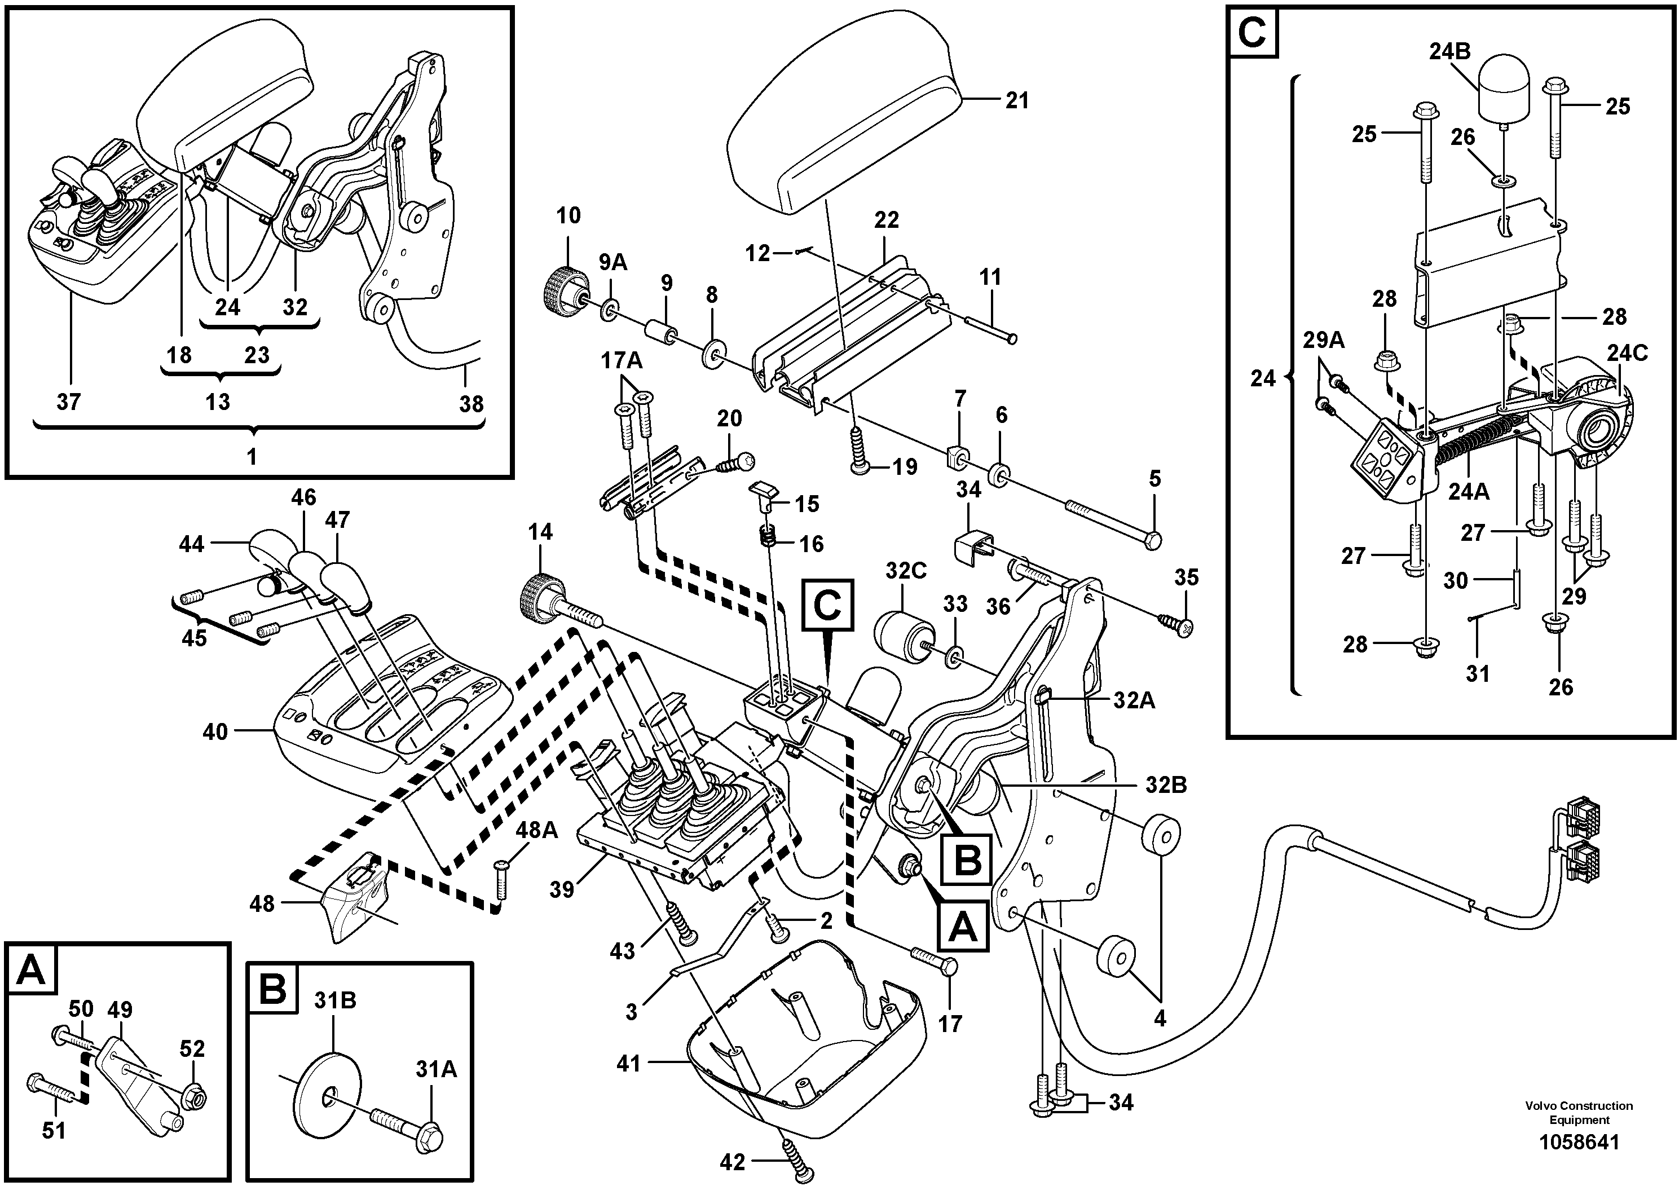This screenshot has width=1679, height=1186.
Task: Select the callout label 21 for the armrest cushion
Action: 1016,100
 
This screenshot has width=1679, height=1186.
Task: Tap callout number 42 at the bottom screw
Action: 732,1162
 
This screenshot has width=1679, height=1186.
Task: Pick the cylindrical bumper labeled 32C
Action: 904,636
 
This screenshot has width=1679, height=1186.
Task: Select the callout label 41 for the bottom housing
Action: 628,1063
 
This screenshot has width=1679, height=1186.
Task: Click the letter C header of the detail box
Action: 1253,33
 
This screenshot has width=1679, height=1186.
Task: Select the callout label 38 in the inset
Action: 471,404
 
